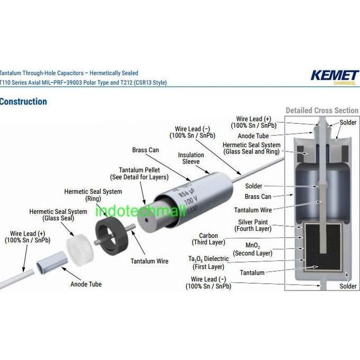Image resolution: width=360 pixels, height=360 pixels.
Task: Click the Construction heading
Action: tap(23, 102)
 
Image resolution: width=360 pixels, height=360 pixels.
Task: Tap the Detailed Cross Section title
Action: tap(322, 111)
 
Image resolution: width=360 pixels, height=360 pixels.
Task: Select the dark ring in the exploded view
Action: tap(111, 236)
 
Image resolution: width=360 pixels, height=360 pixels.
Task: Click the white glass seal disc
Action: tap(80, 250)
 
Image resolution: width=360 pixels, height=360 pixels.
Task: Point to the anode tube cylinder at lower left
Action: tap(52, 263)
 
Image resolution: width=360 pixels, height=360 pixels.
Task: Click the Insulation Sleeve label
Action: tap(191, 158)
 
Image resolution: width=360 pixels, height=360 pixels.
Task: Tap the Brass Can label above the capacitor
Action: tap(146, 150)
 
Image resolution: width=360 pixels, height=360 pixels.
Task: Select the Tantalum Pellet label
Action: tap(139, 174)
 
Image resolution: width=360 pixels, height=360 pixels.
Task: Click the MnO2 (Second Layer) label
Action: tap(253, 249)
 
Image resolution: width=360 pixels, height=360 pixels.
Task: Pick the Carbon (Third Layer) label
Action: tap(209, 239)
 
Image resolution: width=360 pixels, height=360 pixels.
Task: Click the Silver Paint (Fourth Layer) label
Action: tap(253, 226)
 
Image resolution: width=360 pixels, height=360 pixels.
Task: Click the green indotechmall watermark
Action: tap(140, 211)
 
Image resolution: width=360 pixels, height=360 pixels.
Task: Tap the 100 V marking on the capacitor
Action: tap(191, 201)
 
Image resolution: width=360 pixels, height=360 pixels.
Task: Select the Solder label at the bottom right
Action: tap(348, 286)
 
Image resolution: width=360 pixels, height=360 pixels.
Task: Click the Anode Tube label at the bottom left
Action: tap(86, 284)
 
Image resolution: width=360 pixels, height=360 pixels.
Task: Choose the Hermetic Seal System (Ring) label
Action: tap(93, 195)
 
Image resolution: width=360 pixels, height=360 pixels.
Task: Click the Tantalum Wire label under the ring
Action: tap(149, 261)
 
